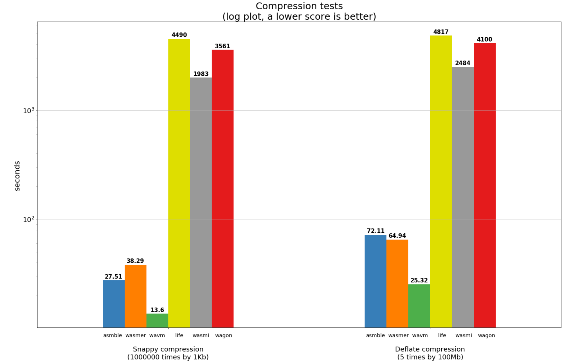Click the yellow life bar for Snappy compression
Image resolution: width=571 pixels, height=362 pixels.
tap(179, 183)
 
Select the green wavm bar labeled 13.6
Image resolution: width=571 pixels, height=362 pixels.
tap(157, 320)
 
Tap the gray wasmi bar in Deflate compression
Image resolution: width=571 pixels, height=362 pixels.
tap(463, 197)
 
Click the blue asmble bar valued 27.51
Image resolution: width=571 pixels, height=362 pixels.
tap(114, 304)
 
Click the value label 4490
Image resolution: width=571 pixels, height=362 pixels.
tap(179, 35)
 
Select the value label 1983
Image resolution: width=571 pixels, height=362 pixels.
tap(201, 74)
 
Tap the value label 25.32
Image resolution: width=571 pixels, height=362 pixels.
tap(419, 280)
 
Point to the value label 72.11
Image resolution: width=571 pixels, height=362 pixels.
tap(376, 231)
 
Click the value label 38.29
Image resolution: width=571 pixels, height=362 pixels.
tap(135, 261)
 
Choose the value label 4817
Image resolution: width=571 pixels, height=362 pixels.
tap(441, 32)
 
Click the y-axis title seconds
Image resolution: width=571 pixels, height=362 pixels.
tap(17, 176)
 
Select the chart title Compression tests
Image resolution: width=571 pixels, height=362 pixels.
tap(299, 6)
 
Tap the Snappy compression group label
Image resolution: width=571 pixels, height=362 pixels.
tap(168, 349)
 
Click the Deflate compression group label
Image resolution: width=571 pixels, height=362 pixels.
tap(430, 349)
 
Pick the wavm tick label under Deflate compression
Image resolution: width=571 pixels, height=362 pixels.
tap(420, 335)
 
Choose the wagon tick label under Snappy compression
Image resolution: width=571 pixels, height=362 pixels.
tap(224, 335)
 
